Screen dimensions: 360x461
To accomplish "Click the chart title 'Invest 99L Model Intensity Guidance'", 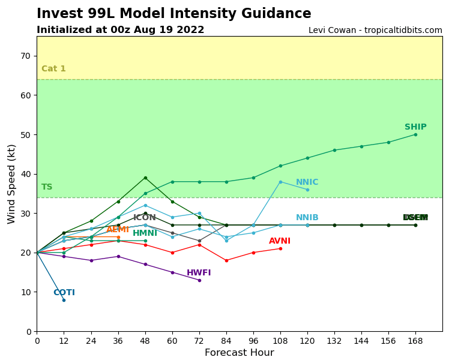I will pyautogui.click(x=174, y=14).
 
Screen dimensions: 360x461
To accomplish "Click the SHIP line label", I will pyautogui.click(x=415, y=127).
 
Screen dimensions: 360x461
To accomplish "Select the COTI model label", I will pyautogui.click(x=64, y=293).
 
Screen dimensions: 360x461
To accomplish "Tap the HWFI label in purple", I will pyautogui.click(x=199, y=273).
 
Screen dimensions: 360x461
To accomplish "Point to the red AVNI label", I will pyautogui.click(x=280, y=241).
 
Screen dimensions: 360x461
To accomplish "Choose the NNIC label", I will pyautogui.click(x=307, y=182).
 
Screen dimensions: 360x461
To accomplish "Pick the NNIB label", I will pyautogui.click(x=307, y=218).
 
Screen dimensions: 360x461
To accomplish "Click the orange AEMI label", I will pyautogui.click(x=118, y=230).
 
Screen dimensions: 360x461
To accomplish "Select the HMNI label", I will pyautogui.click(x=145, y=233).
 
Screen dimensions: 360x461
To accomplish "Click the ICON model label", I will pyautogui.click(x=145, y=218).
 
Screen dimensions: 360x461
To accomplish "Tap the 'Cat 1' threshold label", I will pyautogui.click(x=53, y=69).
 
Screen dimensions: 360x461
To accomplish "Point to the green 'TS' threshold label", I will pyautogui.click(x=47, y=187).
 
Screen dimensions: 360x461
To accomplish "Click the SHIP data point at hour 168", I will pyautogui.click(x=415, y=134).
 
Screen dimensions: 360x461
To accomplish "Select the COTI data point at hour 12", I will pyautogui.click(x=64, y=300).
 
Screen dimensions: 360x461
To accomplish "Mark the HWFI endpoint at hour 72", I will pyautogui.click(x=199, y=280).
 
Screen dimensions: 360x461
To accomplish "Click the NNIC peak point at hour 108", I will pyautogui.click(x=280, y=182).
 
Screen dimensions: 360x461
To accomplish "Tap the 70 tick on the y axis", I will pyautogui.click(x=26, y=56).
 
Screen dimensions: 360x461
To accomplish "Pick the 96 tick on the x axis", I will pyautogui.click(x=253, y=340).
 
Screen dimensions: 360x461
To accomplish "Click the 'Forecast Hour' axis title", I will pyautogui.click(x=239, y=353).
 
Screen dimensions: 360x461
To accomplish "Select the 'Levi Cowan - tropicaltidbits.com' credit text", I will pyautogui.click(x=375, y=31).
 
